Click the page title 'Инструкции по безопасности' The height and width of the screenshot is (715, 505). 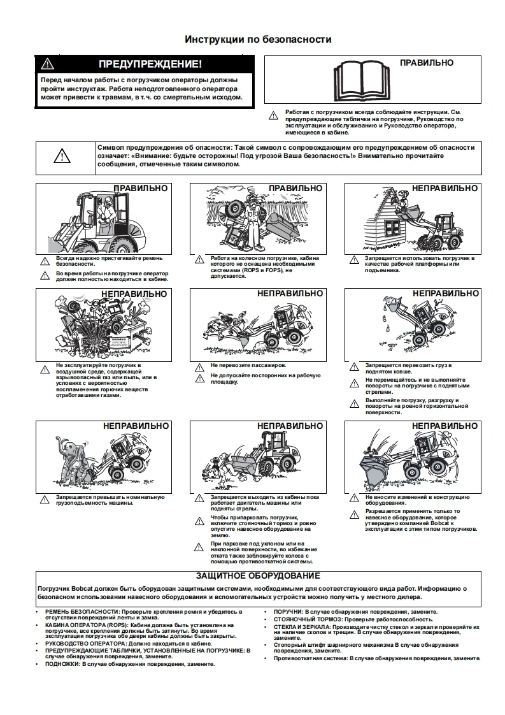click(x=258, y=40)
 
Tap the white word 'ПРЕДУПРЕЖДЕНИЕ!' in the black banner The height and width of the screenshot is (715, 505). click(x=150, y=64)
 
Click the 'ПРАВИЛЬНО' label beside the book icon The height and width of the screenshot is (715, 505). click(x=427, y=62)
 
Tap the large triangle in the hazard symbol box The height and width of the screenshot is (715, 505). click(x=62, y=155)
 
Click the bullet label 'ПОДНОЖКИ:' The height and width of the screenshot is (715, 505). click(x=62, y=663)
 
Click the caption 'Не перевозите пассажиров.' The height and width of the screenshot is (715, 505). click(x=248, y=366)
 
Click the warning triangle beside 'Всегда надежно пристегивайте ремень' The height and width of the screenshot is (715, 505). click(x=44, y=261)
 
